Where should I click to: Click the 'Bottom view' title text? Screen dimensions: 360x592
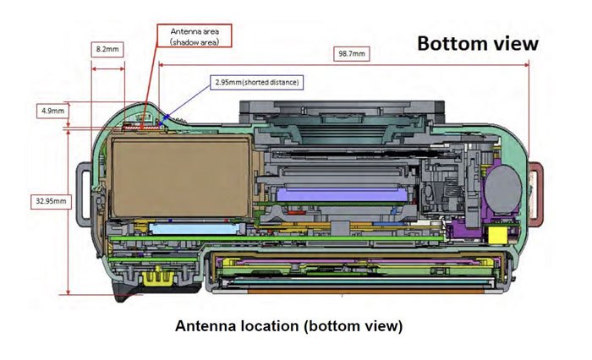tap(477, 44)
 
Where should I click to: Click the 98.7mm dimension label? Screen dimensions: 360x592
tap(352, 53)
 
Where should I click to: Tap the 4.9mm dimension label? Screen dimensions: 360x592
tap(51, 110)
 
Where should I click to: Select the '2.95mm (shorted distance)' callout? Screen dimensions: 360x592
tap(257, 82)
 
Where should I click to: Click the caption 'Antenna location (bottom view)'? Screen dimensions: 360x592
tap(288, 325)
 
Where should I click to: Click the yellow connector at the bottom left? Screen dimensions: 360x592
tap(155, 275)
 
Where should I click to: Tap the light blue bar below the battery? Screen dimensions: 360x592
tap(191, 228)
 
